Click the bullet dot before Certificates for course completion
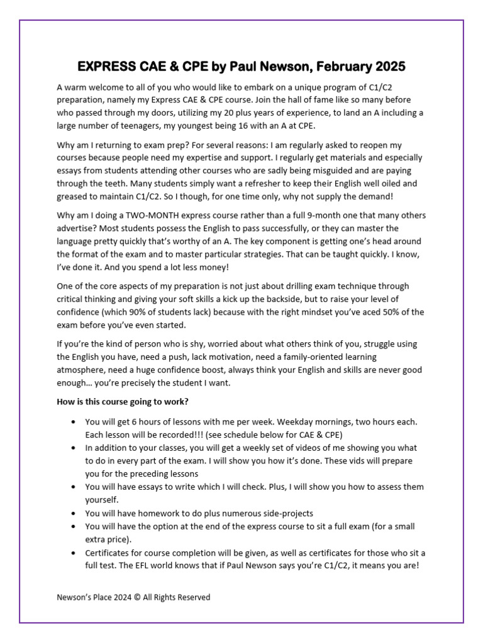tap(75, 553)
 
